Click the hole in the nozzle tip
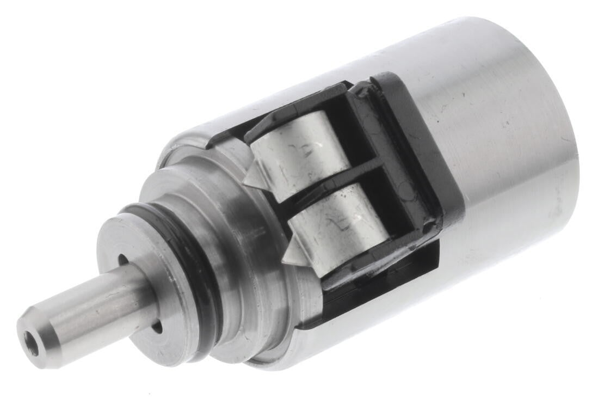(x=31, y=345)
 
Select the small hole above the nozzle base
(x=123, y=260)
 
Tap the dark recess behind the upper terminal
(x=359, y=131)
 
